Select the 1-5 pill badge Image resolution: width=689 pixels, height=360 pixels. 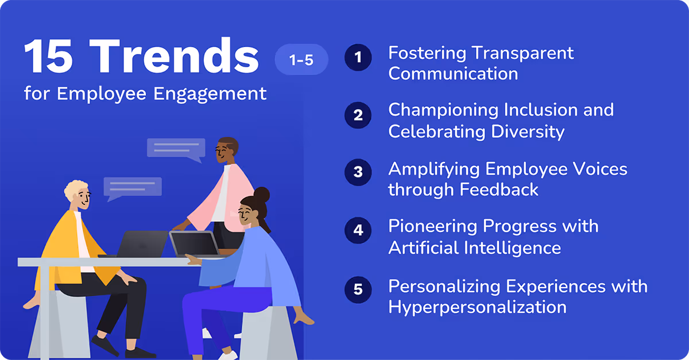click(301, 60)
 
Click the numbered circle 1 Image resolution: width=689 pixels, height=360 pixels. click(358, 58)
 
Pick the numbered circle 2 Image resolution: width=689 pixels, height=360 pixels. click(358, 115)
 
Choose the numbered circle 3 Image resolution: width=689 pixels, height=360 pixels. click(358, 172)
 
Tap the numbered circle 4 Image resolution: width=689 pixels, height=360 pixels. click(358, 230)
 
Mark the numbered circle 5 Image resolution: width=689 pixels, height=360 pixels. click(358, 289)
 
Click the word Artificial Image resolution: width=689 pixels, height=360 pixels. click(424, 248)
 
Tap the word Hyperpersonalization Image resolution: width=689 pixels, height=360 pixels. click(477, 307)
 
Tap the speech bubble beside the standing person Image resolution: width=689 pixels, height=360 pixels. click(176, 149)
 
